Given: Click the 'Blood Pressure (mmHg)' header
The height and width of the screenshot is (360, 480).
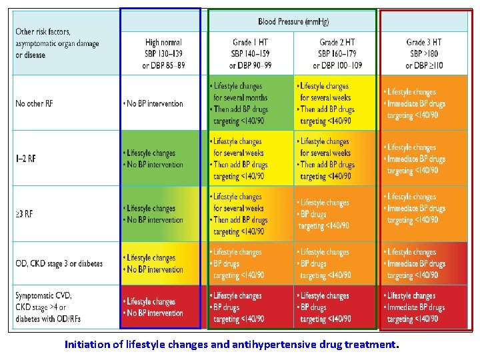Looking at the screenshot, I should (295, 21).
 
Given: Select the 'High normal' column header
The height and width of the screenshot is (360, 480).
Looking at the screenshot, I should (163, 54).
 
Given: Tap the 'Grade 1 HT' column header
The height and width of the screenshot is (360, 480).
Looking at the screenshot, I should (250, 54).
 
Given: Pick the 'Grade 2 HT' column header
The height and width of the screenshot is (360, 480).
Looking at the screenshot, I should (337, 54).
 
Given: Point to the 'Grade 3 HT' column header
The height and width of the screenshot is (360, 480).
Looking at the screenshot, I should (424, 54).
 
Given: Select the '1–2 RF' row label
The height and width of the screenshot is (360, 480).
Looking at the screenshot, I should (26, 159).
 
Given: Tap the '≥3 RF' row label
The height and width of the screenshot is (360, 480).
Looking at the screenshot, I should (25, 214).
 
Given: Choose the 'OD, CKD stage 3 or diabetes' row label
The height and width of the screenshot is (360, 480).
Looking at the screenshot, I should (59, 263).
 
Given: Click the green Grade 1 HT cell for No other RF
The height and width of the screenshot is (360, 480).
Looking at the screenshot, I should (250, 103).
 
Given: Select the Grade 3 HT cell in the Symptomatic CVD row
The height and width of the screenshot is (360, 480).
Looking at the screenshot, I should (424, 307).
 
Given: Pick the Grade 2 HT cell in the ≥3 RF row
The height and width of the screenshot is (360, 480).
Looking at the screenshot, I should (337, 214).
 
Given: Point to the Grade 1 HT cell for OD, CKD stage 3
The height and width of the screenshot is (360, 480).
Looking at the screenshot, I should (250, 263).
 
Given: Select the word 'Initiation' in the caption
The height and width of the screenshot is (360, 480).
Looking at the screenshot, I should (84, 345).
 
